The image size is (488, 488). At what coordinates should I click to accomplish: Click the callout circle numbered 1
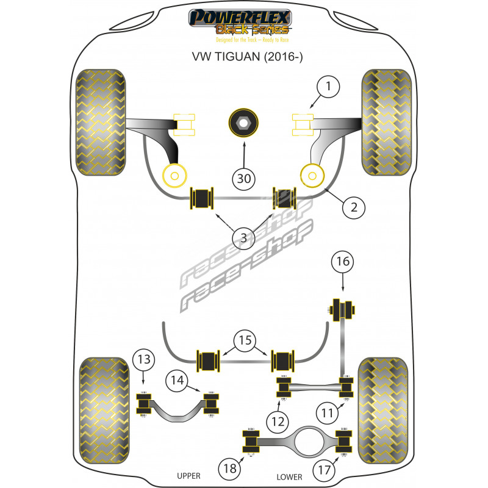coord(328,88)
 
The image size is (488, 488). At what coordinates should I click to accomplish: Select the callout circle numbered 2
coord(354,207)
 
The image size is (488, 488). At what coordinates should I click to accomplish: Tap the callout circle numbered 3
coord(244,239)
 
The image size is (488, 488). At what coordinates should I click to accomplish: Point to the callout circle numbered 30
coord(244,179)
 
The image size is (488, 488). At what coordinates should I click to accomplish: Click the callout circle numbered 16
coord(342,263)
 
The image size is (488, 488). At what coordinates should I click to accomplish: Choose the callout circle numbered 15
coord(244,340)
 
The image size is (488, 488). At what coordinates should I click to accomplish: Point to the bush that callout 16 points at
coord(343,309)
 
